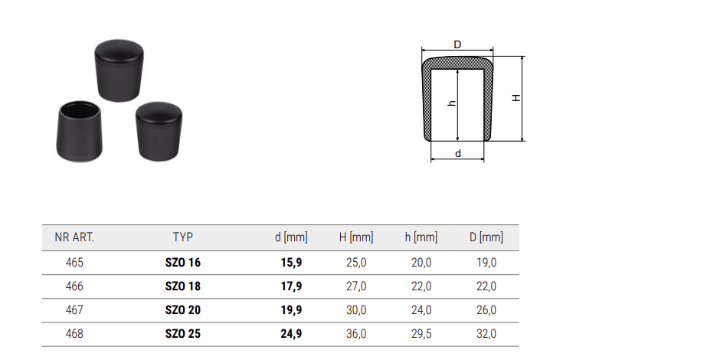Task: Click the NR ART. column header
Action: [x=74, y=237]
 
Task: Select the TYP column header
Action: [x=183, y=237]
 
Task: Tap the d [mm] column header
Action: [x=291, y=237]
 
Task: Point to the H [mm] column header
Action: [x=356, y=237]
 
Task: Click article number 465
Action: [x=74, y=263]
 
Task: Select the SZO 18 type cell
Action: [x=183, y=286]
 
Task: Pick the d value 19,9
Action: [x=291, y=310]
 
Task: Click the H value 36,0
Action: [x=356, y=334]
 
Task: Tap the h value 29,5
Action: [x=421, y=334]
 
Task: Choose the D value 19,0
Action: [x=486, y=263]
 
